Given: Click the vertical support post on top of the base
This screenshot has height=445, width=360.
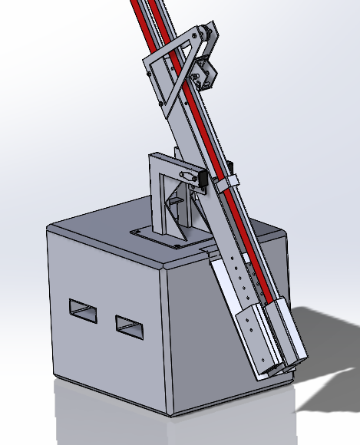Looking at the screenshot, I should tap(157, 196).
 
